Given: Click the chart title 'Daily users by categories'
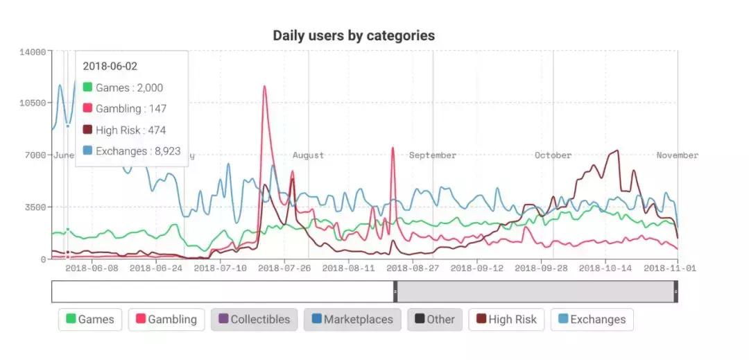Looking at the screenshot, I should pos(354,35).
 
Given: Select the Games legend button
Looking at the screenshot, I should pos(90,320).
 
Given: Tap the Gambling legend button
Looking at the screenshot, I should pos(166,320).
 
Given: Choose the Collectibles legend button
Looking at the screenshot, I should pos(254,320).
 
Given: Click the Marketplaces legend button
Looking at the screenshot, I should pos(352,320).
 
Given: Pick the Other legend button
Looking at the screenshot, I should pos(434,320).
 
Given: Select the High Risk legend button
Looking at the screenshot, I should pos(506,320).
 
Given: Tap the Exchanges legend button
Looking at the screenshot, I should pos(592,320).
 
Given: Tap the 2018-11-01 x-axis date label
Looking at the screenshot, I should pos(671,267).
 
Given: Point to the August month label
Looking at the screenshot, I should pos(308,155).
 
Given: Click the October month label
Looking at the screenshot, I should pos(553,155).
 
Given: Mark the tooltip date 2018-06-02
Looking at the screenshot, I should pos(110,66).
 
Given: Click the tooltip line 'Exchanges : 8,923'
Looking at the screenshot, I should pos(131,151).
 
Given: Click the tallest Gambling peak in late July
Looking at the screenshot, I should pos(264,87).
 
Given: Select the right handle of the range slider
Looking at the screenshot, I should pos(675,292).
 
